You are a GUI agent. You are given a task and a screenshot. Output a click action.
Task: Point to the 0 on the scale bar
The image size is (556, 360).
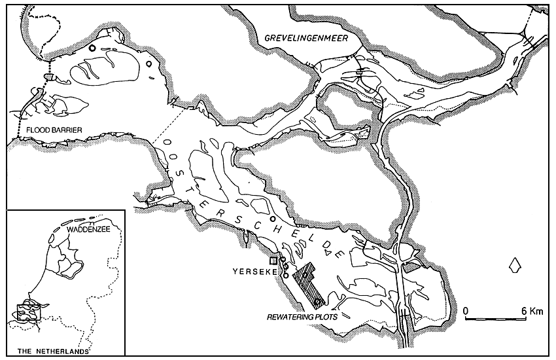(x=466, y=309)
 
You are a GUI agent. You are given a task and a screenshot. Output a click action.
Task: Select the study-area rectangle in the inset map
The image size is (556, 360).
(x=28, y=310)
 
